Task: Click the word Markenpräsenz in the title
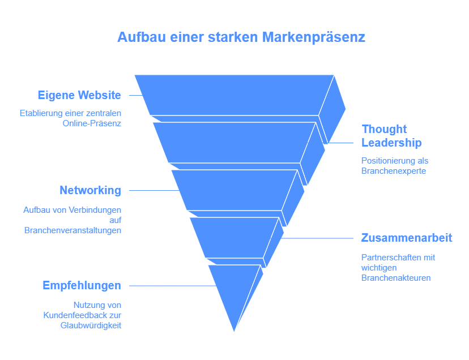[313, 37]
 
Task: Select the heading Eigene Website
[79, 95]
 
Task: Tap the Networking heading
[90, 190]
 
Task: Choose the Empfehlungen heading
[82, 285]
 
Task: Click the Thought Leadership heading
[391, 136]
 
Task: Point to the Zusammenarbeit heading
[407, 238]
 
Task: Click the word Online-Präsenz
[92, 123]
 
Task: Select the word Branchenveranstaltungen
[73, 230]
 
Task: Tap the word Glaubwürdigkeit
[91, 325]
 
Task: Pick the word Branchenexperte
[394, 171]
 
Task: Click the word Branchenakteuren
[396, 278]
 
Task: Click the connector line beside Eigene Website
[136, 96]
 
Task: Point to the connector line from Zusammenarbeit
[317, 238]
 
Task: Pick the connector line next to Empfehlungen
[173, 286]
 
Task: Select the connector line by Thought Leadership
[340, 143]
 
